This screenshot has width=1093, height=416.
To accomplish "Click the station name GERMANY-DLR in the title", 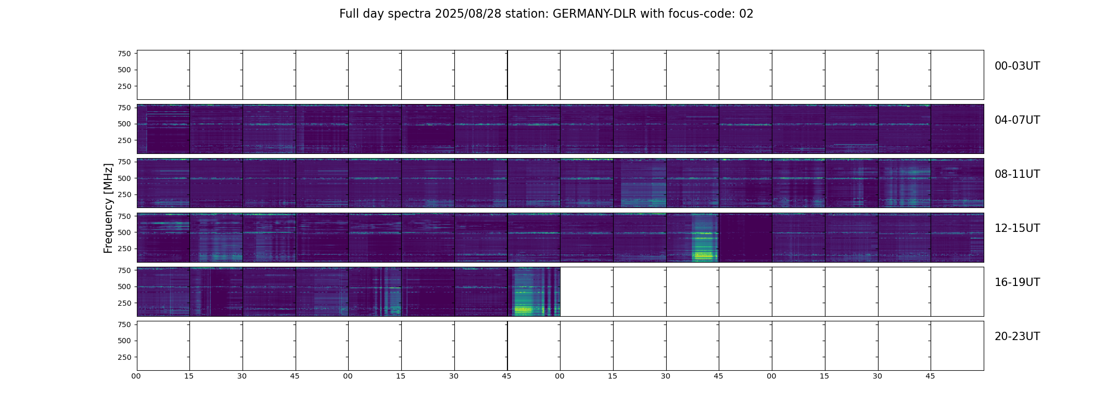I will pos(594,14).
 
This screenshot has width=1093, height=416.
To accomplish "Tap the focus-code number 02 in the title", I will pos(746,14).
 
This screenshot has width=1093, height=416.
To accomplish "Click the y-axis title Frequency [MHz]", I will pos(108,208).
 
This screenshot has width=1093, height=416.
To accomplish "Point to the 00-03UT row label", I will pos(1017,66).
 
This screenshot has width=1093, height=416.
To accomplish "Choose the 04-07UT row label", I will pos(1017,120).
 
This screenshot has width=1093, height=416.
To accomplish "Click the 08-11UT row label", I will pos(1017,174).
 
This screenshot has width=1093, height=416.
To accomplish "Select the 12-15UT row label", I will pos(1017,228).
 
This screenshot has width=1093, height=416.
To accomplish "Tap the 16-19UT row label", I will pos(1017,282).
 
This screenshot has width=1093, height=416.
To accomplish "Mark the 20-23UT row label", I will pos(1017,336).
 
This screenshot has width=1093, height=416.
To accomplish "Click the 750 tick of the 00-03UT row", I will pos(124,54).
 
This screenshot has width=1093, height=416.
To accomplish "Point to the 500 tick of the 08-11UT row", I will pos(124,178).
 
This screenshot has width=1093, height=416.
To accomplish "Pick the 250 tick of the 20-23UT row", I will pos(124,357).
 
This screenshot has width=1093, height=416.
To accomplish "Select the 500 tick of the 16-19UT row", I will pos(124,287).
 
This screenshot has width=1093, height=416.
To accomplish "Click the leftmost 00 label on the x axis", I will pos(136,376).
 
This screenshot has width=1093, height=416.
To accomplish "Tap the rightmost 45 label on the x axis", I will pos(930,376).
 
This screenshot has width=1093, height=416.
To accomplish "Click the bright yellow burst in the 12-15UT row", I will pos(704,255).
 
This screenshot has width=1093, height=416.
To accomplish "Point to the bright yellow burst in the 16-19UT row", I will pos(523,310).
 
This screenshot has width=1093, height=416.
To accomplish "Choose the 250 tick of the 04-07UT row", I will pos(124,140).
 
